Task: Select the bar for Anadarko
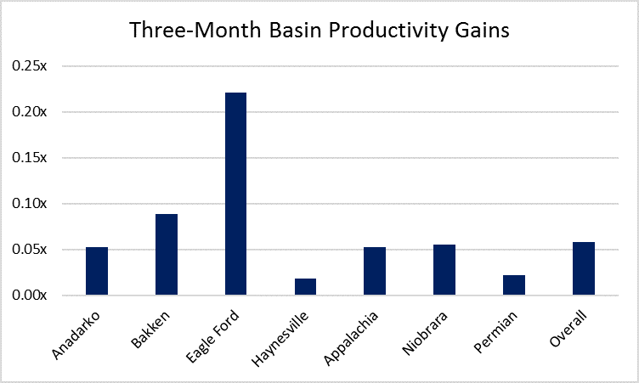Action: coord(97,271)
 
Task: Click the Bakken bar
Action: coord(167,254)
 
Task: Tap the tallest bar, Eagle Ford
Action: coord(235,194)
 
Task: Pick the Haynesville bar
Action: coord(305,287)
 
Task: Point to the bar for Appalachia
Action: coord(375,271)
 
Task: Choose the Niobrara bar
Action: coord(444,270)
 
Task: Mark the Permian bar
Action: coord(514,285)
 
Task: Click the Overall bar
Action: coord(584,268)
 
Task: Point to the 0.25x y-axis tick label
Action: coord(30,65)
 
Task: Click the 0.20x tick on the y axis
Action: coord(30,111)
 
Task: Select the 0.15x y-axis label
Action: coord(30,158)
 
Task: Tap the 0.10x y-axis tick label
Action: coord(30,203)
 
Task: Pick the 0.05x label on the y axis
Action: coord(30,250)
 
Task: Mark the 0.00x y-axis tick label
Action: coord(30,295)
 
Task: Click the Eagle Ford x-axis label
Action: coord(212,336)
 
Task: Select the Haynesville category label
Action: coord(280,339)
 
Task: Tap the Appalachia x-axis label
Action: coord(351,338)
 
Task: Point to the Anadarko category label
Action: coord(76,335)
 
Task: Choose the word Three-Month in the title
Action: coord(195,30)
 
